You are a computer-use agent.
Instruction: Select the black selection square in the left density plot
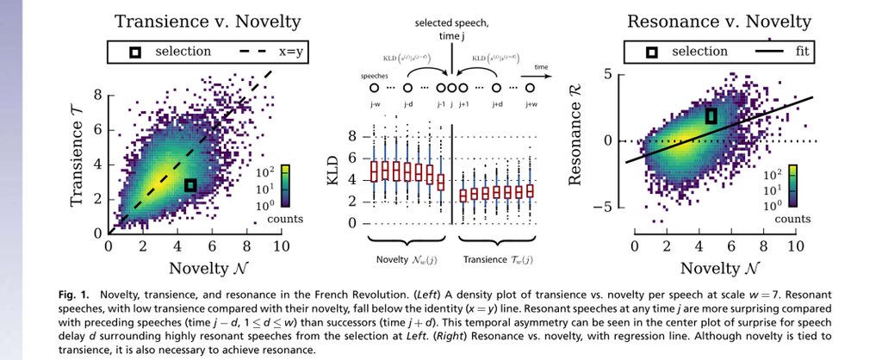pyautogui.click(x=190, y=185)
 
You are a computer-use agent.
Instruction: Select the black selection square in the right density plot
pyautogui.click(x=711, y=115)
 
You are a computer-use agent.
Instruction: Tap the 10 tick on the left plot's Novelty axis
pyautogui.click(x=280, y=246)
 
